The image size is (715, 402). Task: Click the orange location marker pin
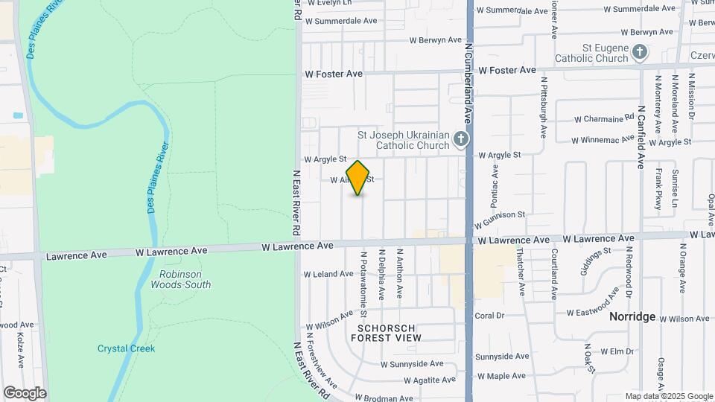pyautogui.click(x=358, y=178)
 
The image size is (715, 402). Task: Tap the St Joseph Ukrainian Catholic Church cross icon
pyautogui.click(x=462, y=138)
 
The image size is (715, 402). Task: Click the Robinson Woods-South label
pyautogui.click(x=180, y=278)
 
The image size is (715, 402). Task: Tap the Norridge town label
pyautogui.click(x=632, y=316)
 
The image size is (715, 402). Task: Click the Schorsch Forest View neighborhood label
pyautogui.click(x=390, y=333)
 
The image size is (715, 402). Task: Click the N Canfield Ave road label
pyautogui.click(x=641, y=134)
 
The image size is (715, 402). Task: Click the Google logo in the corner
pyautogui.click(x=25, y=392)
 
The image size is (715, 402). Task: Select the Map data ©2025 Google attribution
pyautogui.click(x=669, y=396)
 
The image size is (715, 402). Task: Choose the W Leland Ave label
pyautogui.click(x=328, y=274)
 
